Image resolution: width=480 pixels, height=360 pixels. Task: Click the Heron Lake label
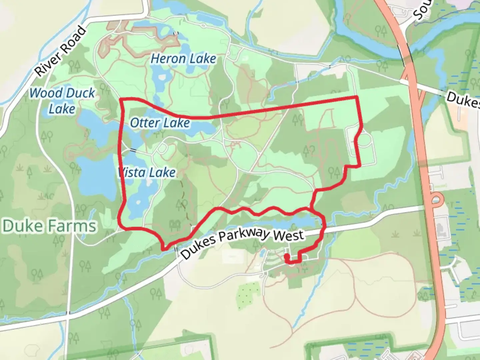coord(183,59)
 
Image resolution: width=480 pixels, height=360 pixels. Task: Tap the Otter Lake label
coord(160,123)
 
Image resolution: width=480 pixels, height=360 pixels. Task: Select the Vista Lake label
coord(147,172)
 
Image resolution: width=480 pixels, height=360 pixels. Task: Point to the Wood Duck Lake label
coord(62,101)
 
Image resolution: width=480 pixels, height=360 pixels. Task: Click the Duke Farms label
coord(50,226)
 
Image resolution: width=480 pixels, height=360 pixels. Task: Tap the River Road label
coord(60,51)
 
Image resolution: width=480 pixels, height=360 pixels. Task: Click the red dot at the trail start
coord(286,256)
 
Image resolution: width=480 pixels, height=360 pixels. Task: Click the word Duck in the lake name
coord(79,93)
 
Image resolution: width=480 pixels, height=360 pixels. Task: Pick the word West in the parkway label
coord(289,235)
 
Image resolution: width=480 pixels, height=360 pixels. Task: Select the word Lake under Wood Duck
coord(62,109)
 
